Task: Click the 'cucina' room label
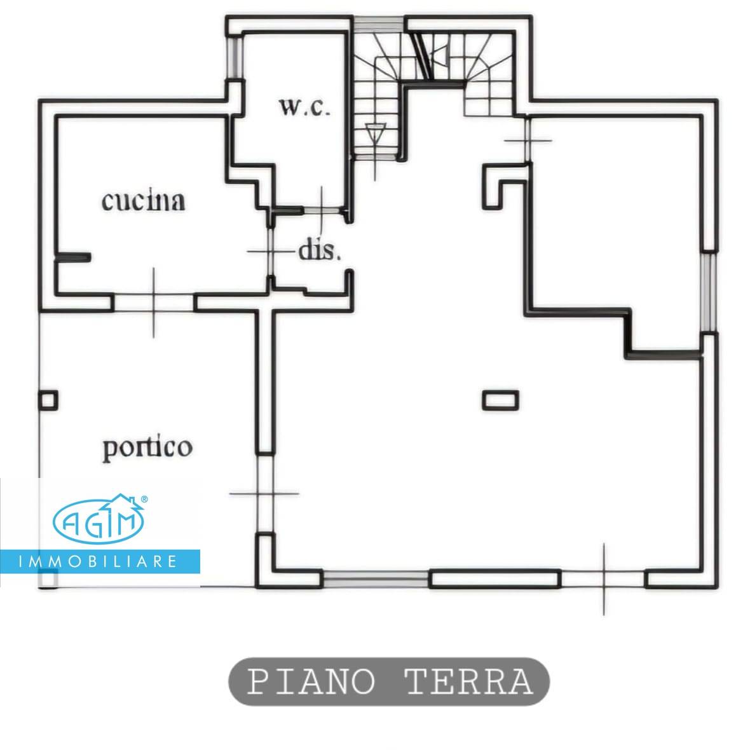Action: [x=144, y=201]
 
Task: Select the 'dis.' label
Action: [x=320, y=250]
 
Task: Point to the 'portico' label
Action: [x=147, y=447]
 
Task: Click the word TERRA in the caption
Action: [x=468, y=682]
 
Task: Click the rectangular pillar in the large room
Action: [x=501, y=400]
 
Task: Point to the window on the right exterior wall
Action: [x=709, y=290]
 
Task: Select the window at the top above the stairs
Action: [x=379, y=24]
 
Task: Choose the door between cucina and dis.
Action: [x=270, y=252]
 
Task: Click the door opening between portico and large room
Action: [x=266, y=494]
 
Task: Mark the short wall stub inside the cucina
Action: [x=72, y=257]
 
